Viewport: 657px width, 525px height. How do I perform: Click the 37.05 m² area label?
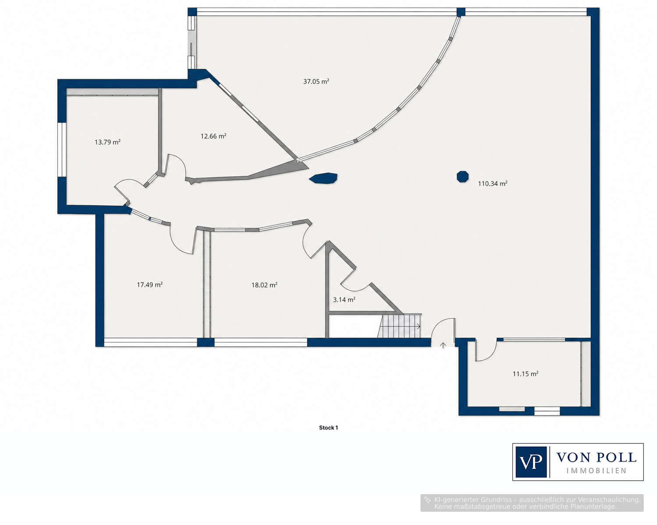[x=316, y=81]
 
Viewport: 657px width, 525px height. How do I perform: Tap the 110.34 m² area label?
[x=492, y=183]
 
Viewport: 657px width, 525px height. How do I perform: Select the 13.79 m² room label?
[x=107, y=142]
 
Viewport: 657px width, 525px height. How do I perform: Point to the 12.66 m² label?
[x=213, y=136]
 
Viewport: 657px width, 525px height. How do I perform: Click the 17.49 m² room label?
[x=150, y=285]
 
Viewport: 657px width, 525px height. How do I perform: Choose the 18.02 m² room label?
[x=265, y=285]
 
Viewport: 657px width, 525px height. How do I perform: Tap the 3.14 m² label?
[x=344, y=300]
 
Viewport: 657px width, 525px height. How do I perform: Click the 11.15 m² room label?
[x=526, y=374]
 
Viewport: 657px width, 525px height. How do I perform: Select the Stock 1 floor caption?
[x=328, y=428]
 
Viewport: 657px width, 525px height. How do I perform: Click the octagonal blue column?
[x=463, y=177]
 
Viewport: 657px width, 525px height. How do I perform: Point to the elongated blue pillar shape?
[x=323, y=178]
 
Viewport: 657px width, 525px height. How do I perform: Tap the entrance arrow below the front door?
[x=443, y=345]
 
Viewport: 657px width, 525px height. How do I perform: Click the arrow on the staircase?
[x=418, y=326]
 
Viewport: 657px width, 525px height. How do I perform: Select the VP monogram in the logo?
[x=531, y=462]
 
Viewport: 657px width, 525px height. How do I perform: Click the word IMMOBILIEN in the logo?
[x=597, y=471]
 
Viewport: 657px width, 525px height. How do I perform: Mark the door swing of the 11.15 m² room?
[x=486, y=351]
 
